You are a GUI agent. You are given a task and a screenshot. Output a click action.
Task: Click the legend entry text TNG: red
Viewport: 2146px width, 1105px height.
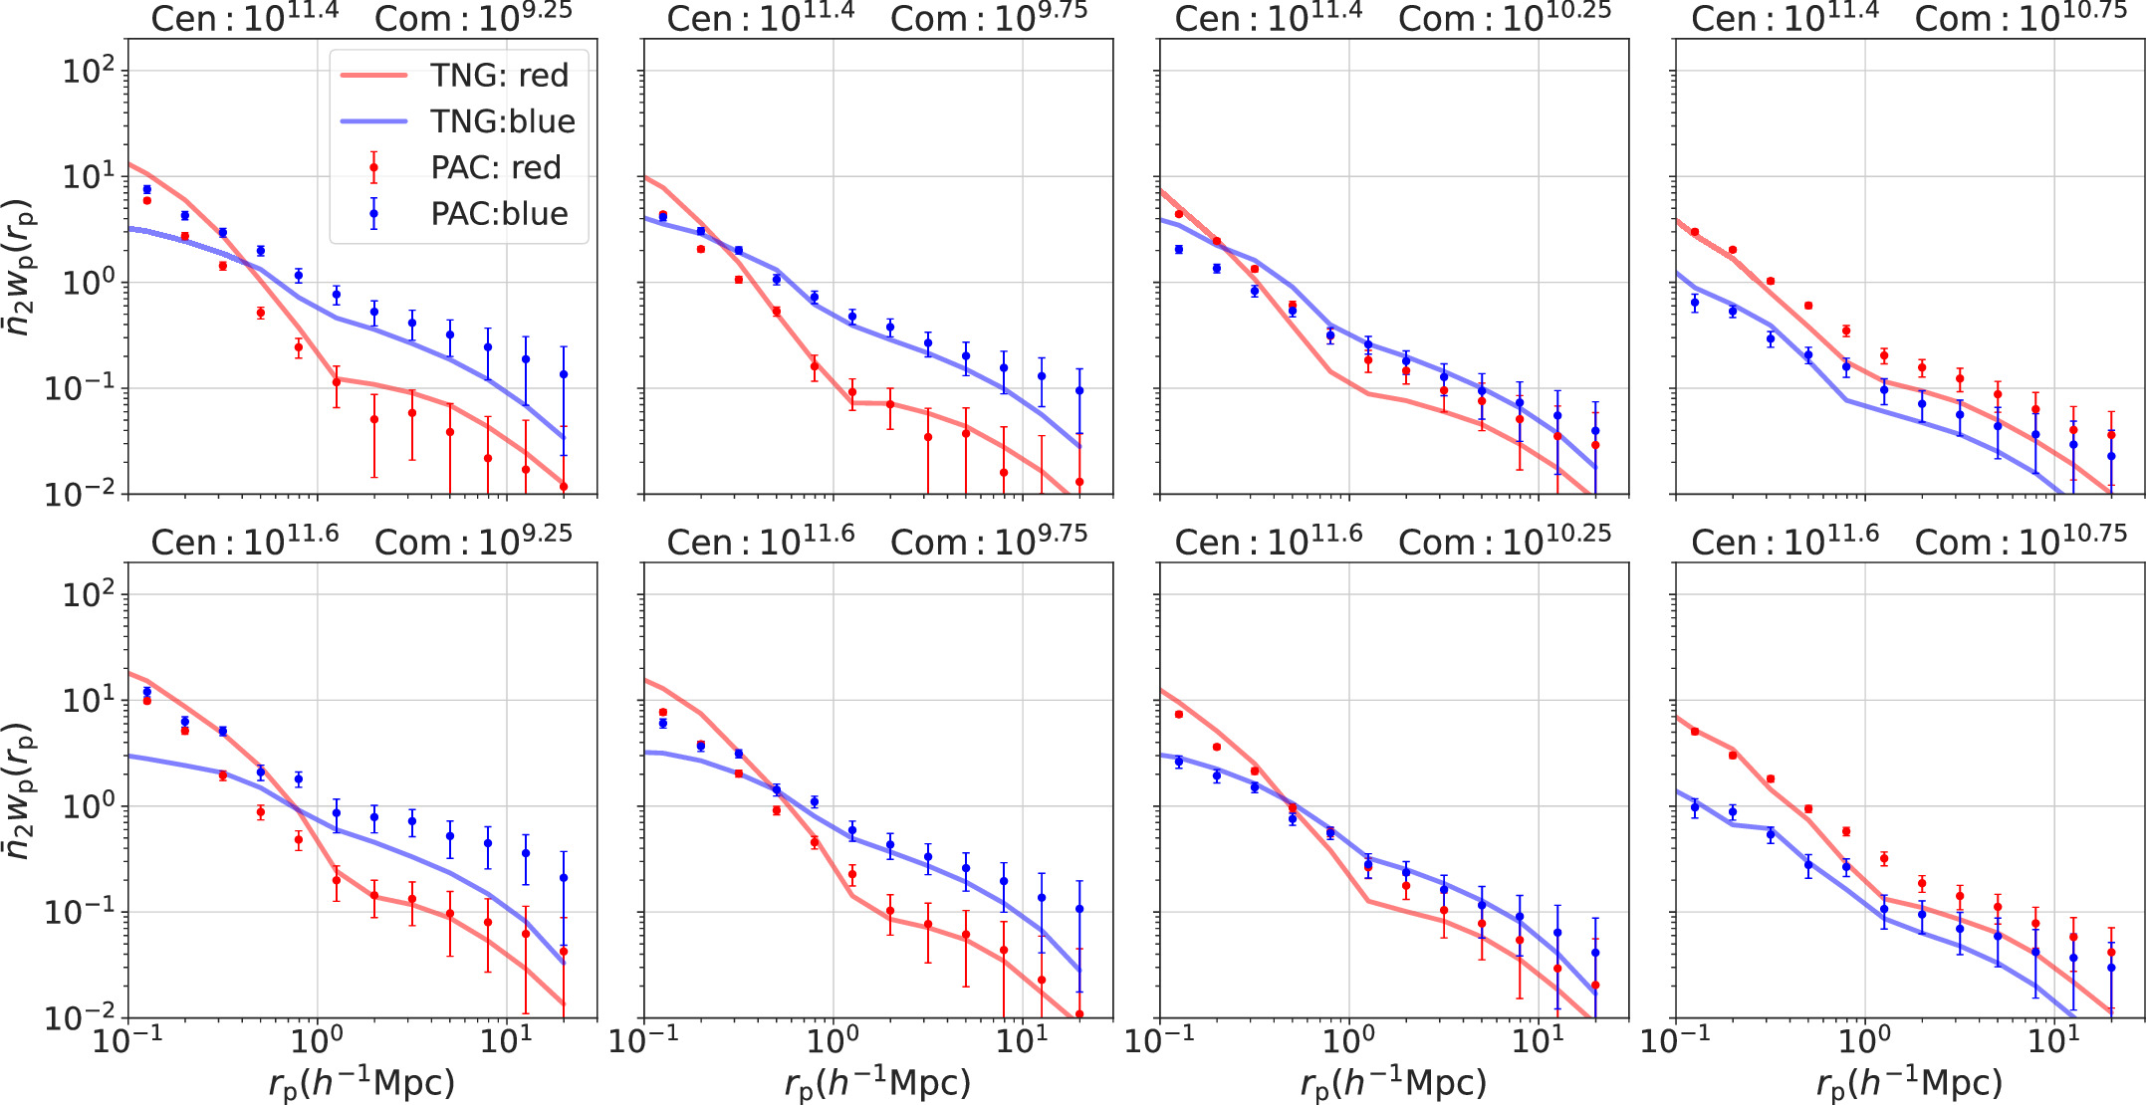point(499,75)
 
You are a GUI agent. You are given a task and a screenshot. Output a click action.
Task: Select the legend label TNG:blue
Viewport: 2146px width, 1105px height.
point(503,121)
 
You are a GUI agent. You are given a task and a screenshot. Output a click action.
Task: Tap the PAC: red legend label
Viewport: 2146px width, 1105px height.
point(496,167)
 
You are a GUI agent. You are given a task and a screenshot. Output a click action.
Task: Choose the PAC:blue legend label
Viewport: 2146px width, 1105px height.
point(499,213)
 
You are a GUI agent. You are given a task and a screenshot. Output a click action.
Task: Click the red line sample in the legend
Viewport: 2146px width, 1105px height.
point(373,75)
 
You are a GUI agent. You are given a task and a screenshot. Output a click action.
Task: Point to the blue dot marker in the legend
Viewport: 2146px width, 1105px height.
point(373,213)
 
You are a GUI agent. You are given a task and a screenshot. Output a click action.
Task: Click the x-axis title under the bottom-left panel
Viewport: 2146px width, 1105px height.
point(361,1083)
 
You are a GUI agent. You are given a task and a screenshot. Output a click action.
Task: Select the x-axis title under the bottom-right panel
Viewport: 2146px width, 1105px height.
point(1909,1083)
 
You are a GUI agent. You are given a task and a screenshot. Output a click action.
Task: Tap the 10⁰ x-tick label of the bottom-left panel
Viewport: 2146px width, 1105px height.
point(316,1040)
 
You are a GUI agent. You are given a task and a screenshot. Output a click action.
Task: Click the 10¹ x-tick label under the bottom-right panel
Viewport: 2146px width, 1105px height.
point(2053,1040)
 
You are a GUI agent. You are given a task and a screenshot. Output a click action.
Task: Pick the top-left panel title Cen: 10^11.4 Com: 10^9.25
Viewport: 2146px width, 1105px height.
point(361,17)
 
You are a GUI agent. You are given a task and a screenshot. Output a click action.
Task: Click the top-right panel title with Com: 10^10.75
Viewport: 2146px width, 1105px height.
point(1909,17)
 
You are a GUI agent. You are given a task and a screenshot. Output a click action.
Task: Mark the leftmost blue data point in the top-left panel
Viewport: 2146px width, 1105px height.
point(147,189)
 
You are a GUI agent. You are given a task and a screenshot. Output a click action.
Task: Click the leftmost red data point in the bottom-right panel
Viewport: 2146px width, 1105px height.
point(1695,732)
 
